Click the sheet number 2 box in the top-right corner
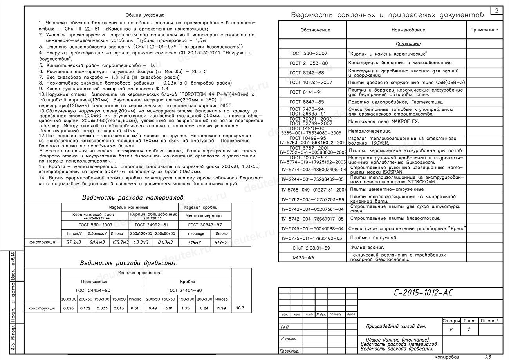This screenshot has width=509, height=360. [497, 11]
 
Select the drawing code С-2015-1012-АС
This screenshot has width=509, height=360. [423, 293]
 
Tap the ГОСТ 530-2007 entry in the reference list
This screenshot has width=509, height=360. [309, 54]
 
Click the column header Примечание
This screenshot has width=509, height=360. [484, 30]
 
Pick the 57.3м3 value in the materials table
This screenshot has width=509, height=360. [73, 242]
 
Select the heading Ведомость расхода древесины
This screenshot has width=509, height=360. [129, 263]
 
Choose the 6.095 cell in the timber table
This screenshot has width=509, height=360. [69, 308]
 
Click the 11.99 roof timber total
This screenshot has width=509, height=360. [221, 308]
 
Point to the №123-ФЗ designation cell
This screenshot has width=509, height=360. [303, 257]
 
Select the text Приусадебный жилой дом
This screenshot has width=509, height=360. [396, 326]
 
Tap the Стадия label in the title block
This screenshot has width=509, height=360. [451, 321]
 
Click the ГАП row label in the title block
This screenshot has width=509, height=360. [285, 327]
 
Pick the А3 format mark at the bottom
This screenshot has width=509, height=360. [488, 357]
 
